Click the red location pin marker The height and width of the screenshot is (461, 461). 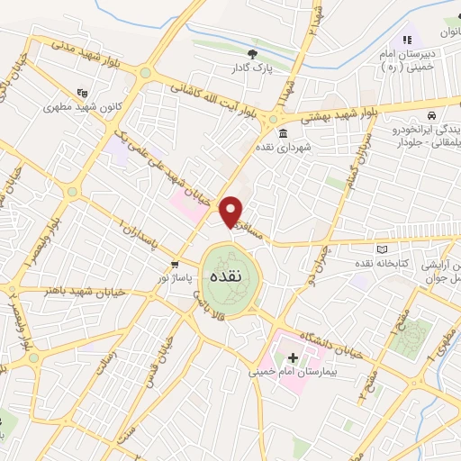tap(231, 211)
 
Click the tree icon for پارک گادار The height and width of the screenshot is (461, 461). tap(252, 54)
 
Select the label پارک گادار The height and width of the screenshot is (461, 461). tap(252, 68)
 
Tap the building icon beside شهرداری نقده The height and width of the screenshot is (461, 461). tap(283, 134)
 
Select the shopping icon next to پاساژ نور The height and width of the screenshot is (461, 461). tap(176, 265)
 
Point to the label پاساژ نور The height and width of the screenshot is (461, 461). tap(176, 278)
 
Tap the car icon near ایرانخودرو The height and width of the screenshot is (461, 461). tap(432, 116)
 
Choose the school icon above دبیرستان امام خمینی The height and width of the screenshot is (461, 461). tap(407, 40)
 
